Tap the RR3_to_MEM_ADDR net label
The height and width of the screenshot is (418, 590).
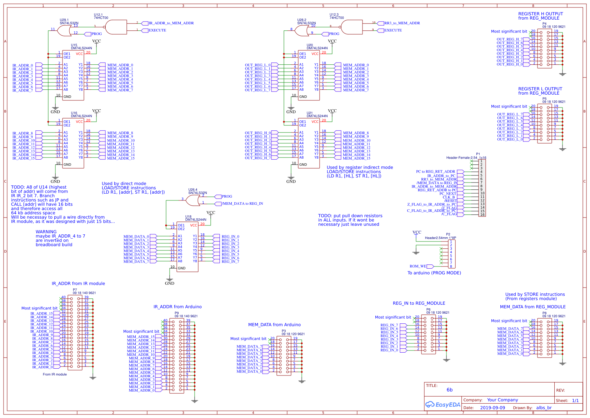[402, 23]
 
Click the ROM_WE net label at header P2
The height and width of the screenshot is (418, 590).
[418, 266]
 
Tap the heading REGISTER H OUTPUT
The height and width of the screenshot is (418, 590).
[540, 14]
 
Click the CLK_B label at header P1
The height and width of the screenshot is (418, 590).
[449, 197]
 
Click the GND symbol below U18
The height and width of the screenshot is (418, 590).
[169, 281]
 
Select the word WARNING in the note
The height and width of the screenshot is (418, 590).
[46, 232]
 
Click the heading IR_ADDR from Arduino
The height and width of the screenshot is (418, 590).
[177, 307]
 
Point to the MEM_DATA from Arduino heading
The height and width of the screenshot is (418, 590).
[274, 325]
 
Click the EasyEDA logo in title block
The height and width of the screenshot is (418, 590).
[442, 404]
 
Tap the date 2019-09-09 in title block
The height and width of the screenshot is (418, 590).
[492, 408]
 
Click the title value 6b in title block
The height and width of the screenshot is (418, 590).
[449, 390]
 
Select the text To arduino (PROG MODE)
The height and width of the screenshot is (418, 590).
[434, 273]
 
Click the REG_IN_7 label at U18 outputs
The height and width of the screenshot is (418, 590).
[230, 262]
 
